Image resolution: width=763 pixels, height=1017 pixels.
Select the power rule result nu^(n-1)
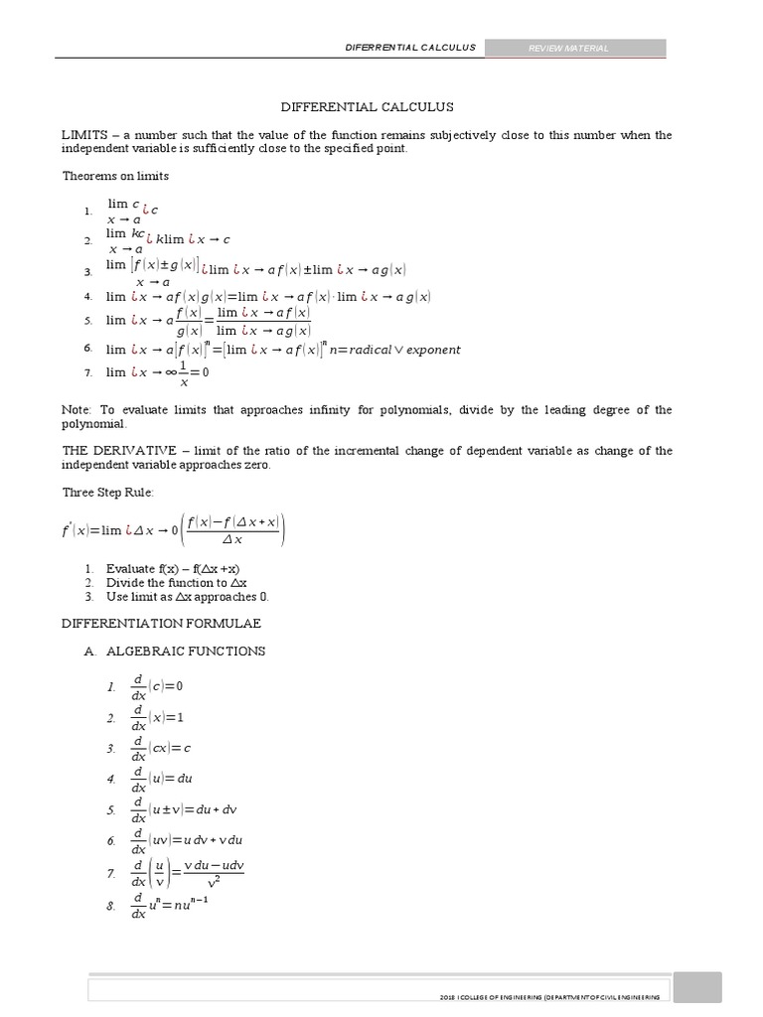[186, 904]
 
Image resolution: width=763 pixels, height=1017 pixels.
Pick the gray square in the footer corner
[708, 990]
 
